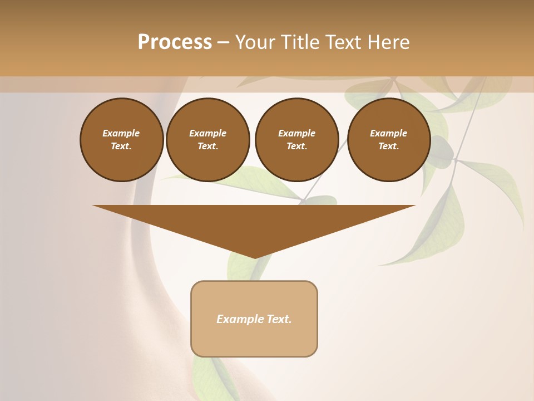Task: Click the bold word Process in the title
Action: [x=175, y=42]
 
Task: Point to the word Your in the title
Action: [x=254, y=42]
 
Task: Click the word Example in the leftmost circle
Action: [x=121, y=133]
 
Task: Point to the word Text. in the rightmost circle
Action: [x=389, y=146]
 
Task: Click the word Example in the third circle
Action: [x=296, y=133]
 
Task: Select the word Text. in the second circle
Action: [x=207, y=146]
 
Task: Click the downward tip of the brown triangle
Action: [x=255, y=257]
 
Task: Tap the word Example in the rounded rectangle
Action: [x=239, y=319]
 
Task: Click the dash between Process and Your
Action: [x=223, y=42]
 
